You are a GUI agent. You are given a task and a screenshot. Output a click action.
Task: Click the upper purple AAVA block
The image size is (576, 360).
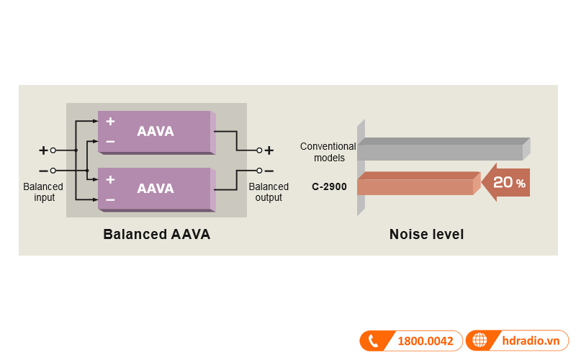(x=155, y=132)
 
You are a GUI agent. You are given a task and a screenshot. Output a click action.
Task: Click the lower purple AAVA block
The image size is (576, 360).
(x=155, y=189)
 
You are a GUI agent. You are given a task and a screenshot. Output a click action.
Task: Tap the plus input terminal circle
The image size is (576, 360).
(x=53, y=150)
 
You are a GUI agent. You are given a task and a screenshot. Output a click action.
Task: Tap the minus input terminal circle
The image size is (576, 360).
(x=53, y=171)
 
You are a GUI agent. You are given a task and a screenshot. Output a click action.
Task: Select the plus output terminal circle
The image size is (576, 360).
(x=259, y=150)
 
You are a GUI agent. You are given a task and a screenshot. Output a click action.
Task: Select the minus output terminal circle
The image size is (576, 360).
(x=259, y=171)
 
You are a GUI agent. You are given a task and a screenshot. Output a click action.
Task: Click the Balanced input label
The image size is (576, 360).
(x=43, y=192)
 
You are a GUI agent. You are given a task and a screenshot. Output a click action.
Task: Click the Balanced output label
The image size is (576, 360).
(x=269, y=192)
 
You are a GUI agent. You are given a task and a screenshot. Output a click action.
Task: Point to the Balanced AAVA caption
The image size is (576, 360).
(x=156, y=234)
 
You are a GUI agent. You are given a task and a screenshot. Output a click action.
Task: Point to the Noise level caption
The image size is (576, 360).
(x=426, y=234)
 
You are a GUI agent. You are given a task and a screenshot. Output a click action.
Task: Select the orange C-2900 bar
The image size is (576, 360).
(x=416, y=186)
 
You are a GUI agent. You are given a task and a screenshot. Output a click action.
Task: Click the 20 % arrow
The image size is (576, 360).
(x=507, y=183)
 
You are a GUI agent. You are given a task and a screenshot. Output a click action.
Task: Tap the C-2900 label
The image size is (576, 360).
(x=329, y=186)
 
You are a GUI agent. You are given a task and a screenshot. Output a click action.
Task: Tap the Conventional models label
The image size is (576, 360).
(x=328, y=152)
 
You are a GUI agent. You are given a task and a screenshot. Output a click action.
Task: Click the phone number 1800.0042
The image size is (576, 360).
(x=426, y=341)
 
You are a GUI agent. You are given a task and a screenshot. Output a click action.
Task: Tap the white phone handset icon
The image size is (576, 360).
(x=374, y=341)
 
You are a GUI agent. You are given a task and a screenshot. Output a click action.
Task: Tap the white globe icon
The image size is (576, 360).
(x=480, y=341)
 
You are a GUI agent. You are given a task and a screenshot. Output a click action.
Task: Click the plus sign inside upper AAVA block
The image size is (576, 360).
(x=110, y=121)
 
